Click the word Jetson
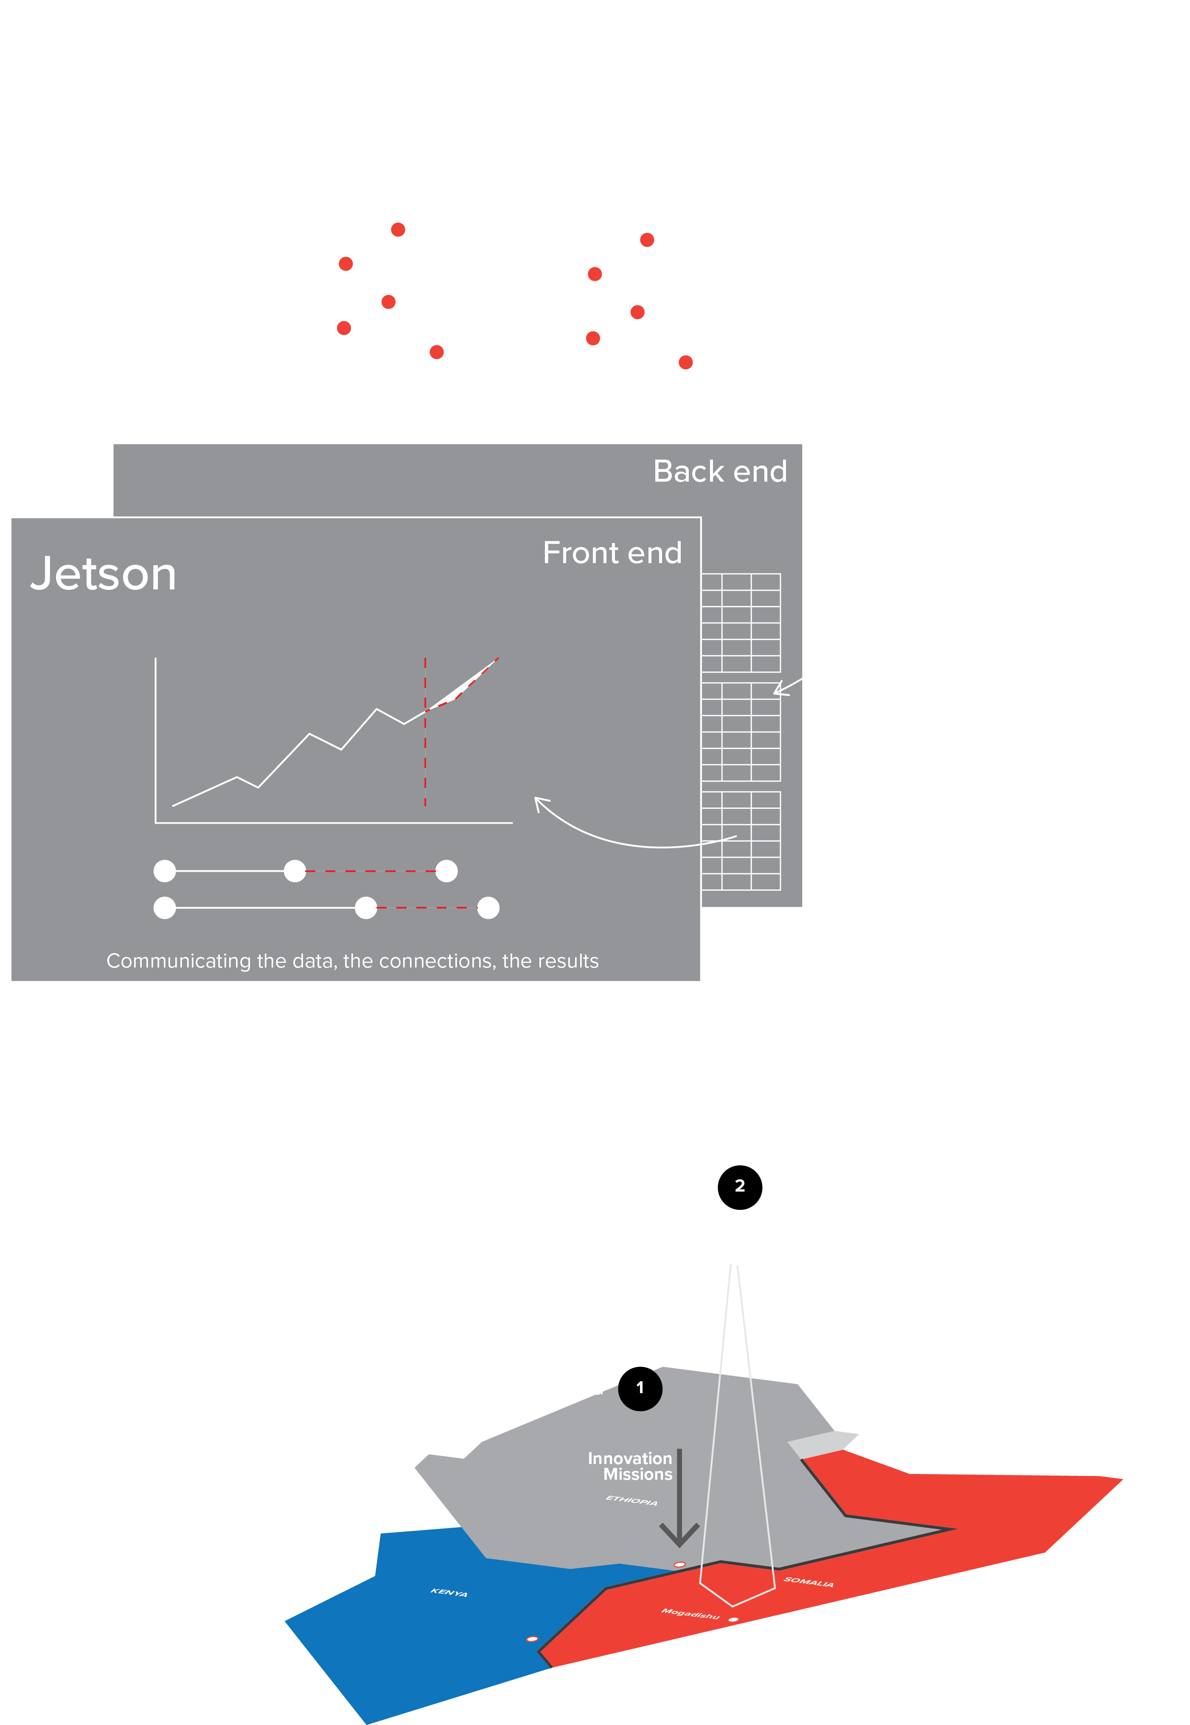104,575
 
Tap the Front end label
612,553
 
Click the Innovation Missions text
631,1466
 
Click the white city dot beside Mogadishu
734,1619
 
